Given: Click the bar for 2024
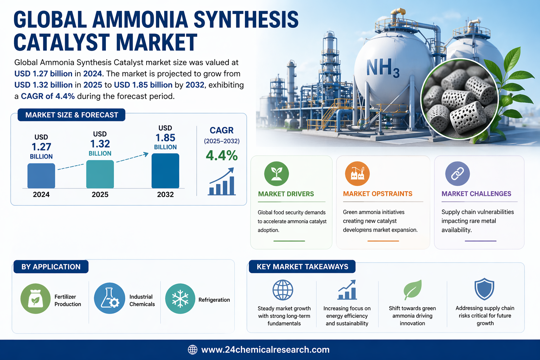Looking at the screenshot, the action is (x=41, y=176).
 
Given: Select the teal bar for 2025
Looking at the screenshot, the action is (x=100, y=174).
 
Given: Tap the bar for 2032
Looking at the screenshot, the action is (x=165, y=171).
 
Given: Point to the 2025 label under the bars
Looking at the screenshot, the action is (x=100, y=194).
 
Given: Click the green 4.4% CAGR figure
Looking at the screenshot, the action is (x=222, y=155).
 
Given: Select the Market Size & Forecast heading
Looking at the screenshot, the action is (x=72, y=115).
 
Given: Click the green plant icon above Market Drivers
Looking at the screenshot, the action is (x=277, y=174).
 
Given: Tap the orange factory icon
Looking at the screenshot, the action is (x=357, y=174).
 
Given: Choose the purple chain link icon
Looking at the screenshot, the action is (x=457, y=174).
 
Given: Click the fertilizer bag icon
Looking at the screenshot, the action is (x=36, y=298).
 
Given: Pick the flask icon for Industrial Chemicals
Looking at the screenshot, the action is (x=109, y=298).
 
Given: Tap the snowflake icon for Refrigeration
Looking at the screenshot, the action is (x=180, y=298).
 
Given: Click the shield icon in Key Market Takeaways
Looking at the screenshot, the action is (x=484, y=289).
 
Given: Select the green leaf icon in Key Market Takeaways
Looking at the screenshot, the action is (x=412, y=290).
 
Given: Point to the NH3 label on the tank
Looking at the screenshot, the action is (x=383, y=68).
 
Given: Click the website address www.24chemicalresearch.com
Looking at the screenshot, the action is (x=265, y=350).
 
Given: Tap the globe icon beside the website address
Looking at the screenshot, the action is (x=192, y=350).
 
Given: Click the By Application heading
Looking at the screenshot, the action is (x=51, y=267).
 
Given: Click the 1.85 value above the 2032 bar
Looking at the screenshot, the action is (x=165, y=138).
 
